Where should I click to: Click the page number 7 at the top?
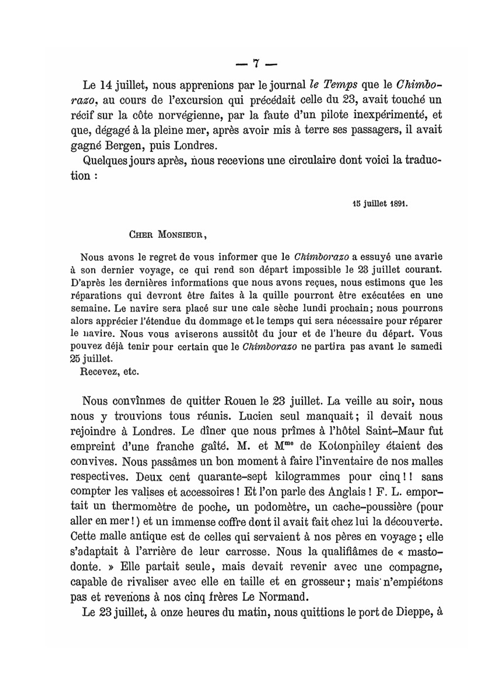(256, 63)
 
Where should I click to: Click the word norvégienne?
(184, 115)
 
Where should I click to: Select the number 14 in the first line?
(107, 85)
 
